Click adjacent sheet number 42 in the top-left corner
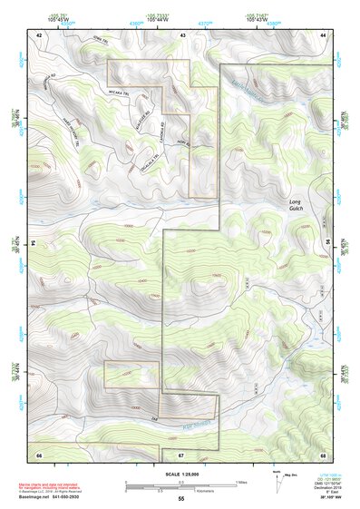pyautogui.click(x=39, y=34)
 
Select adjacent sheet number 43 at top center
pyautogui.click(x=182, y=34)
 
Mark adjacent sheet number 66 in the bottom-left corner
pyautogui.click(x=39, y=454)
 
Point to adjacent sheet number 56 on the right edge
pyautogui.click(x=327, y=243)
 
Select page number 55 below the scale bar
pyautogui.click(x=180, y=499)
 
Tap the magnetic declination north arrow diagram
pyautogui.click(x=277, y=480)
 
